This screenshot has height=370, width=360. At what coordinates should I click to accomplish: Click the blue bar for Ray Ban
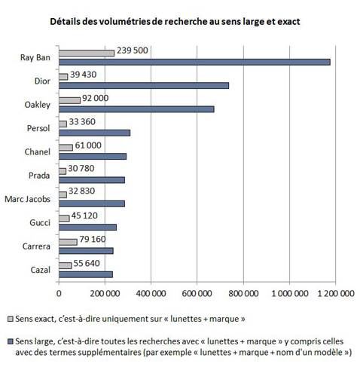coord(194,62)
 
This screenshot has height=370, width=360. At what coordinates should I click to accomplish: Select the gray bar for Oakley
coord(69,100)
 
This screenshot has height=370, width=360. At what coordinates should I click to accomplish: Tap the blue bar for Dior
coord(144,86)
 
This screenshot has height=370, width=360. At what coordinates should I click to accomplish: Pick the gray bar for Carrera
coord(68,242)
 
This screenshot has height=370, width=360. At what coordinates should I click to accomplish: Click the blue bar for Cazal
coord(86,274)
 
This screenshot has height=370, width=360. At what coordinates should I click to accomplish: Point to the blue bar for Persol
coord(95,133)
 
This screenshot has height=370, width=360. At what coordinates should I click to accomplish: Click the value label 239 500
coord(133,50)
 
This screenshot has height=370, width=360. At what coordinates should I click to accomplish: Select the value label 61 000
coord(88,145)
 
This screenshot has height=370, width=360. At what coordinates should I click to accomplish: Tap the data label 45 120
coord(84,216)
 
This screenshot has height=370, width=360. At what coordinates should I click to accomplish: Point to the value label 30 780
coord(81,169)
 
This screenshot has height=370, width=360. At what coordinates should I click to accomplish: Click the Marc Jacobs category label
coord(27,199)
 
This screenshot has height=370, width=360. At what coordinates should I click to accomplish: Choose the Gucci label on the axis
coord(40,223)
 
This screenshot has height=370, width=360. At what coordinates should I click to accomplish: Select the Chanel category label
coord(38,152)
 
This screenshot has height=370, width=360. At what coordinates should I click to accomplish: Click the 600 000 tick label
coord(197,293)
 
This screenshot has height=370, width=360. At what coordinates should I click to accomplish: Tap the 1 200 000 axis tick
coord(336,293)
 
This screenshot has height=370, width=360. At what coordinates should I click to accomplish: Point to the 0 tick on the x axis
coord(59,293)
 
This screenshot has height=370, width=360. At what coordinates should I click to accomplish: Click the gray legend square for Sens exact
coord(11,319)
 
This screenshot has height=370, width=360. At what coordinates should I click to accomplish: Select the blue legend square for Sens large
coord(11,341)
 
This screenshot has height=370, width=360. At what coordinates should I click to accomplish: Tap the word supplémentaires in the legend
coord(94,352)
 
